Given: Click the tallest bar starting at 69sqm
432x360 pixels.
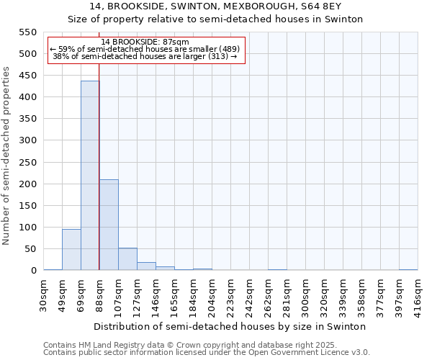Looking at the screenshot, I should (x=90, y=176).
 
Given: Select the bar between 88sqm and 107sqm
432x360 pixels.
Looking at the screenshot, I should (x=109, y=225).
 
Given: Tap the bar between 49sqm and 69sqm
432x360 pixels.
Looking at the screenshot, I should (x=71, y=249).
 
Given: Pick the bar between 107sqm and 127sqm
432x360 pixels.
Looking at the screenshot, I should (x=127, y=259).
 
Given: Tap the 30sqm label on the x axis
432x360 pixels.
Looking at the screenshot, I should (x=44, y=294).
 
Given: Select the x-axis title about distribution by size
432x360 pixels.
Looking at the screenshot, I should (x=230, y=326).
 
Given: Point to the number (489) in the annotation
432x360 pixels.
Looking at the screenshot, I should (x=228, y=49).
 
